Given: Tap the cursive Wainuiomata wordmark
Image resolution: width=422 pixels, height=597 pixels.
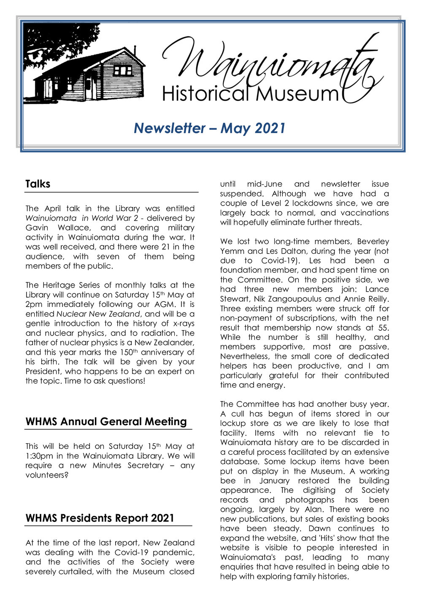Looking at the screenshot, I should [x=270, y=63].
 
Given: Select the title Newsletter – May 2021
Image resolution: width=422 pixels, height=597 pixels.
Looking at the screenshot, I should [x=210, y=128].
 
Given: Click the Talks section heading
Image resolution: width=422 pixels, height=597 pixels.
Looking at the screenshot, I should [x=38, y=184].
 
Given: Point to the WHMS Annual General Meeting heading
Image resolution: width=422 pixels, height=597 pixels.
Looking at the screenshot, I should [x=106, y=422].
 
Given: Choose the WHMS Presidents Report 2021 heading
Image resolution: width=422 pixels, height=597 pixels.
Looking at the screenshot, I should [x=100, y=518].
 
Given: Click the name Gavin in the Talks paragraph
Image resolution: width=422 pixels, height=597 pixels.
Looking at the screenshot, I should [x=37, y=228].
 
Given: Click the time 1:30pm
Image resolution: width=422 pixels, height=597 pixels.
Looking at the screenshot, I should [x=39, y=456].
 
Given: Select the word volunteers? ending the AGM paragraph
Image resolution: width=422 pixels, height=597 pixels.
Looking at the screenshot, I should [x=47, y=475].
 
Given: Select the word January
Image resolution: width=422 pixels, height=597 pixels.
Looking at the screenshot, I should [x=274, y=481].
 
